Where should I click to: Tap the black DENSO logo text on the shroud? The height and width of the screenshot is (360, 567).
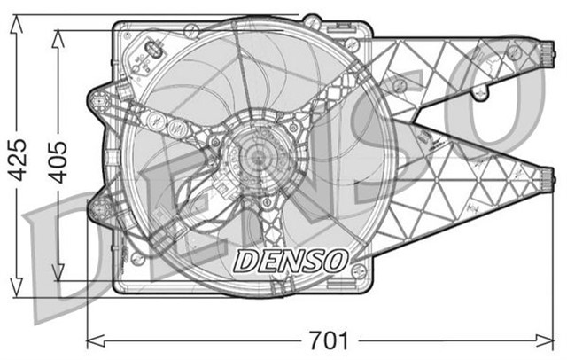point(290,259)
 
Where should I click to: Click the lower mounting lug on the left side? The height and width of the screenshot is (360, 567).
point(99,209)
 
